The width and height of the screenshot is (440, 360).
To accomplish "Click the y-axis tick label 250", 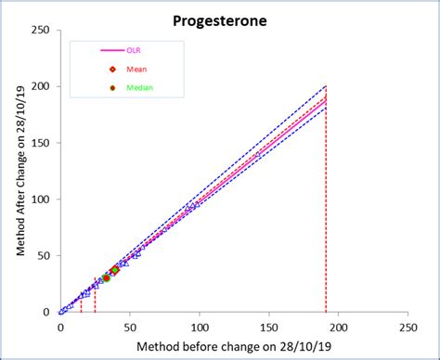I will (x=41, y=30).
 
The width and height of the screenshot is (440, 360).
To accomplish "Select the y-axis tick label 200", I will (x=41, y=86).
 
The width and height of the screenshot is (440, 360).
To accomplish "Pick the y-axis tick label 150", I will (x=41, y=143).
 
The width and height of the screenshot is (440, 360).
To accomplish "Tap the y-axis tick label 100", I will (x=41, y=199).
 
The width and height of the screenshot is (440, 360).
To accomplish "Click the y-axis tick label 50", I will (x=44, y=255).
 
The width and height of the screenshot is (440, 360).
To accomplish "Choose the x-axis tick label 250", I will (x=408, y=328).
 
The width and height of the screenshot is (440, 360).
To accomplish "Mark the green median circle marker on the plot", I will (x=106, y=277).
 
